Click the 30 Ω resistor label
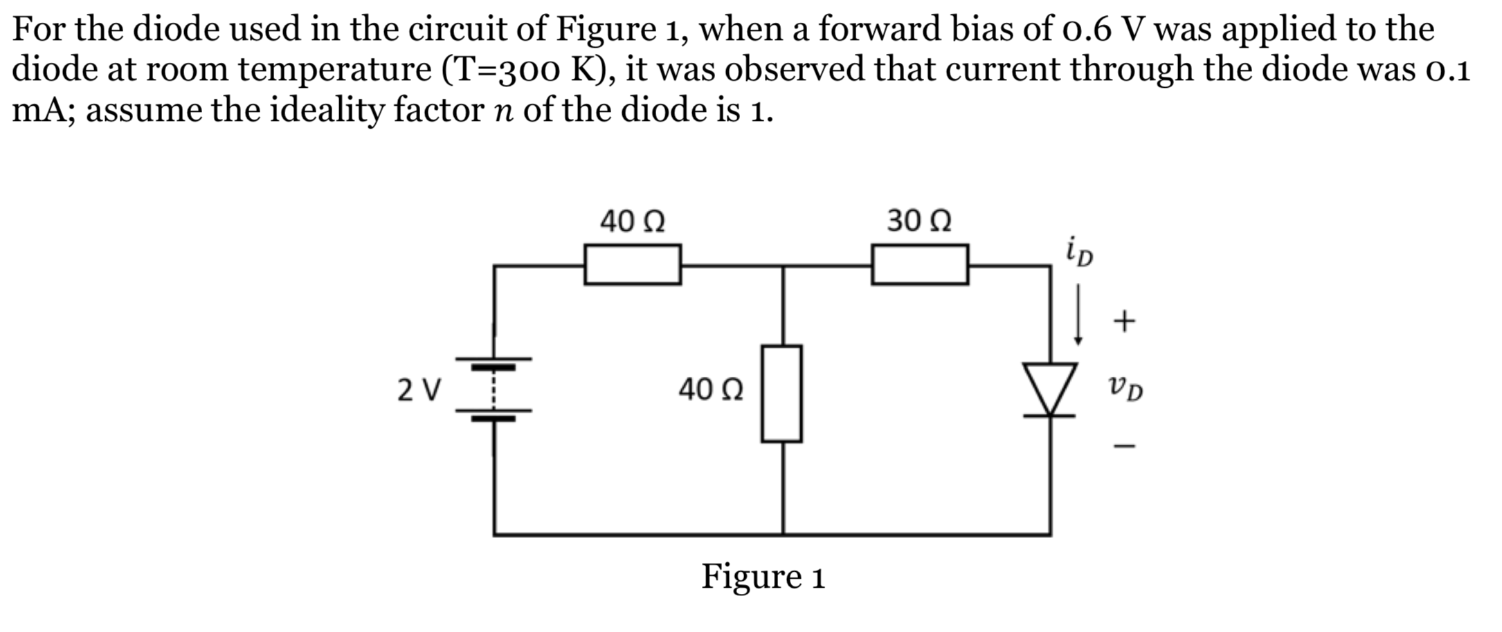pos(919,221)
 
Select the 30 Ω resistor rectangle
pos(919,264)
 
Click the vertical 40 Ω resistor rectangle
pos(781,393)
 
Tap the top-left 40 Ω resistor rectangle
pos(632,264)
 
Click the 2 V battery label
pos(419,390)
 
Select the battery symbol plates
pos(494,389)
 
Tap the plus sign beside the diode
pos(1124,321)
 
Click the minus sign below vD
pos(1124,446)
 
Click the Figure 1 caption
pos(763,576)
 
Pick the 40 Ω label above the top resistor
pos(632,221)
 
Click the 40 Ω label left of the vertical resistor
pos(711,389)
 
